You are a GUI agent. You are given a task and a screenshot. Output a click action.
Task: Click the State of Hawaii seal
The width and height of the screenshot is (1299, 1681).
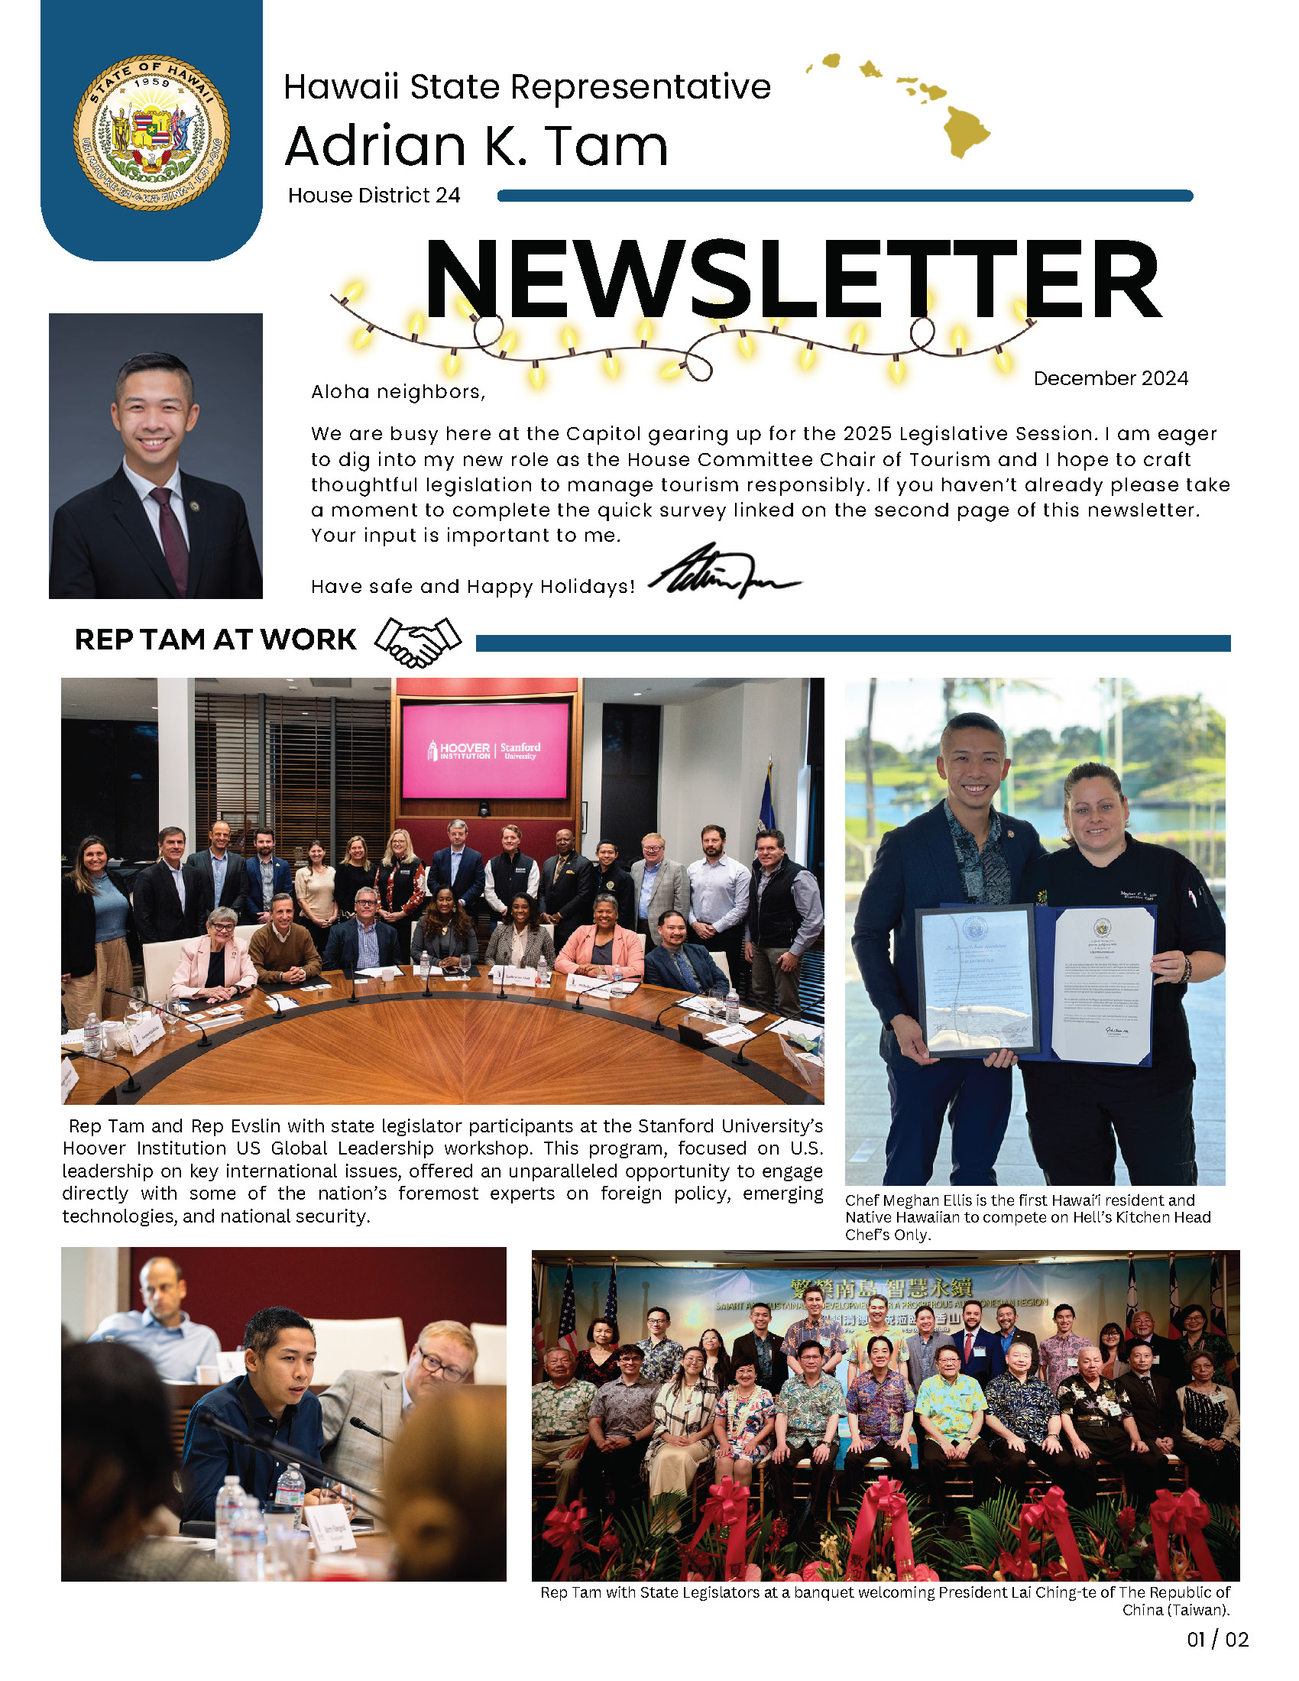151,132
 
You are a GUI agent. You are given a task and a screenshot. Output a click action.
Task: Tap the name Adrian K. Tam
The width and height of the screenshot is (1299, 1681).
476,146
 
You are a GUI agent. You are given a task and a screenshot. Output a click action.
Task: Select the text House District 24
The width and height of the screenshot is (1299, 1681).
374,196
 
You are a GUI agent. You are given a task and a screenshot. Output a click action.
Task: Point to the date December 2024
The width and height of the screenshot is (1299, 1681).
1109,379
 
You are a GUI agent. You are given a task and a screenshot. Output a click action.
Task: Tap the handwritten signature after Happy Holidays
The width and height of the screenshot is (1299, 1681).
724,572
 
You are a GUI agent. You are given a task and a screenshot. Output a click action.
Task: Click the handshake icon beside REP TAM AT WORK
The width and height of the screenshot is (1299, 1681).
418,642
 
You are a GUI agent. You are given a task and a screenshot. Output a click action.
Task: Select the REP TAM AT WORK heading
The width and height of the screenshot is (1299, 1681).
215,640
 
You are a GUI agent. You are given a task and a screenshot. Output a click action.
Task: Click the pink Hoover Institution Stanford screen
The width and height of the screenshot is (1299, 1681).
484,751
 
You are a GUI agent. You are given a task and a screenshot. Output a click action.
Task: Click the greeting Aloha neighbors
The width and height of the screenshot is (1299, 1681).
398,392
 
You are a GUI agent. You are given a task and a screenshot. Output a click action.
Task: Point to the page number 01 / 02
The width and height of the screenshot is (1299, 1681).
1217,1640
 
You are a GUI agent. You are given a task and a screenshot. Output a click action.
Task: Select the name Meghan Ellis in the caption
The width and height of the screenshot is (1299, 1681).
932,1200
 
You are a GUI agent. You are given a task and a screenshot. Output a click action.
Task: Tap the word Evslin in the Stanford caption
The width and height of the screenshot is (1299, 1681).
257,1126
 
